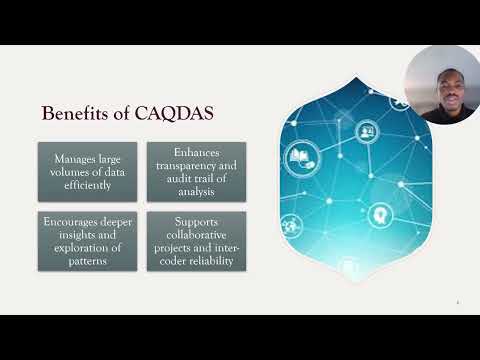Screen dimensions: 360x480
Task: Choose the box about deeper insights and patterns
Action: (x=87, y=240)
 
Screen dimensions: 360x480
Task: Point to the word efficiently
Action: (x=88, y=186)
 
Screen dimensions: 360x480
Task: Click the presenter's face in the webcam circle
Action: (x=440, y=87)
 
